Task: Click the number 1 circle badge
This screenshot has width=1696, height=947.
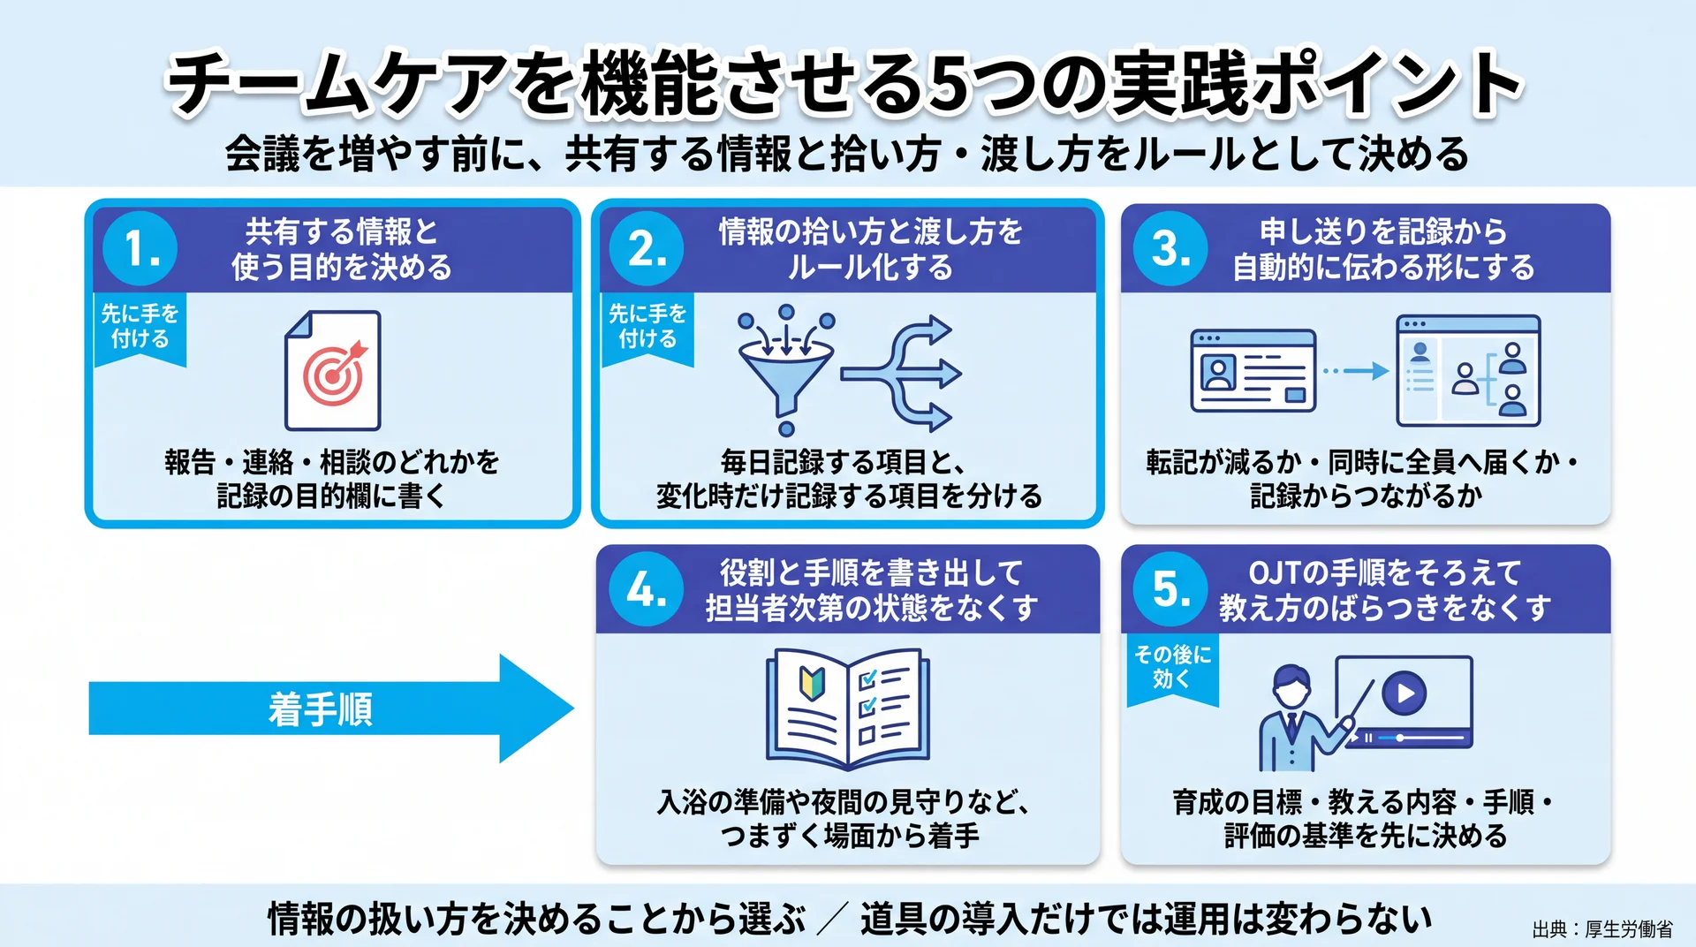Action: (x=140, y=248)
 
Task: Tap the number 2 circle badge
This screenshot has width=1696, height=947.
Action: (x=647, y=248)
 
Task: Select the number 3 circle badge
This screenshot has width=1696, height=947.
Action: (x=1170, y=248)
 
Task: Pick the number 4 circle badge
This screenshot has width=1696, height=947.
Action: (x=647, y=589)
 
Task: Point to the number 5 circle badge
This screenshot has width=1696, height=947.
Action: (x=1170, y=589)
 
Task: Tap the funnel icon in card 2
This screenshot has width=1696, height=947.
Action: (x=785, y=371)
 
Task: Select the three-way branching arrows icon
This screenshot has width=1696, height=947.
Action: (x=901, y=374)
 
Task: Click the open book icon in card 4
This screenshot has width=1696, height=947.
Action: (x=848, y=709)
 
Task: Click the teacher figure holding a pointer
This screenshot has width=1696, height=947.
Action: (x=1298, y=717)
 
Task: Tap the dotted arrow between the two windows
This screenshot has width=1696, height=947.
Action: (x=1355, y=371)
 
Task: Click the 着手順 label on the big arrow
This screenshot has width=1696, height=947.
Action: (x=321, y=709)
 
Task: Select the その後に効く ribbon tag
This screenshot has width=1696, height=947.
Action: (x=1172, y=670)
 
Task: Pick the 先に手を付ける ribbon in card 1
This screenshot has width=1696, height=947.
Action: (x=140, y=329)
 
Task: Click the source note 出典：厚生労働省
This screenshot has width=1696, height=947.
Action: (x=1602, y=929)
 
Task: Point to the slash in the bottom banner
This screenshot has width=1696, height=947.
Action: (x=833, y=919)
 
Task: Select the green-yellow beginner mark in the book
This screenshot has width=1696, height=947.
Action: (x=812, y=682)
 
